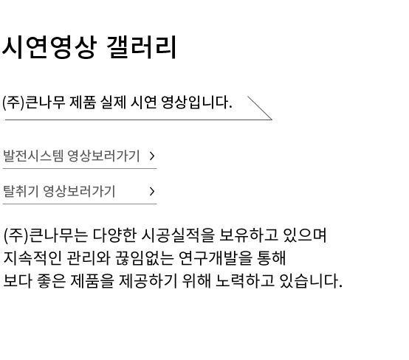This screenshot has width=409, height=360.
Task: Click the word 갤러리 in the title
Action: coord(142,47)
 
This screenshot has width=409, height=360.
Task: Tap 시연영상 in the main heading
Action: coord(49,47)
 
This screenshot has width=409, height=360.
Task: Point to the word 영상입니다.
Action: coord(196,103)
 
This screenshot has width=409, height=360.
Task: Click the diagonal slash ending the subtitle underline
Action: coord(260,108)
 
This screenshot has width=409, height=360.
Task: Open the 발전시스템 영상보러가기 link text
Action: coord(71,156)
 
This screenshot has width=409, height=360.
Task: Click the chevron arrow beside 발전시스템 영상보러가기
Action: coord(152,156)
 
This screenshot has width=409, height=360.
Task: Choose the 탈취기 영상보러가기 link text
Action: coord(59,191)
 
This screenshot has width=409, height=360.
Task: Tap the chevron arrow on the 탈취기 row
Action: coord(152,191)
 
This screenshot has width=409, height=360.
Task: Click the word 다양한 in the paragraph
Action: coord(114,235)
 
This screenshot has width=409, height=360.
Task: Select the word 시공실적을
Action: coord(178,235)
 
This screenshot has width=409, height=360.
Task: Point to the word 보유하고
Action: coord(249,235)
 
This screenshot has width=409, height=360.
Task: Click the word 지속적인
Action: coord(33,258)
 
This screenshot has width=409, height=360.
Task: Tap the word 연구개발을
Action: coord(216,258)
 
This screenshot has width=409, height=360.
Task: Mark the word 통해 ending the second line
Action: coord(272,258)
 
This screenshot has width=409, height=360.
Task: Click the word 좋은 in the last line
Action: coord(52,281)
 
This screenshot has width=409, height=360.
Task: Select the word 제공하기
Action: coord(148,281)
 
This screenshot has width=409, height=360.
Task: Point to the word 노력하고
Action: coord(245,281)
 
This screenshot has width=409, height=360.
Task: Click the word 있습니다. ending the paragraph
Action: coord(311,281)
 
